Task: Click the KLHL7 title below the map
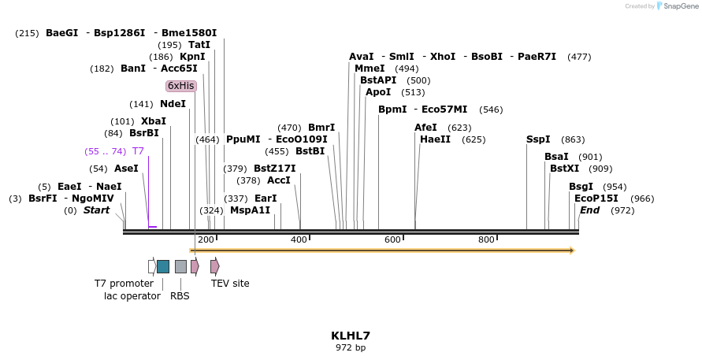[x=351, y=336]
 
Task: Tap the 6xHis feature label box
[x=180, y=86]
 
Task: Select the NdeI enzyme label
[x=173, y=104]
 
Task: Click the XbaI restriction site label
[x=154, y=121]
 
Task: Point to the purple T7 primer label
[x=138, y=151]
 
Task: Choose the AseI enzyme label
[x=126, y=169]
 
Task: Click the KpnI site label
[x=192, y=57]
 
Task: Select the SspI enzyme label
[x=538, y=139]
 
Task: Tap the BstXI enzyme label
[x=564, y=169]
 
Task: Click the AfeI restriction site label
[x=425, y=128]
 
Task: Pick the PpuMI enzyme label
[x=243, y=139]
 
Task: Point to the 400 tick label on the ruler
[x=299, y=239]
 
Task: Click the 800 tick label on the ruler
[x=486, y=239]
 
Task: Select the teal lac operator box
[x=163, y=266]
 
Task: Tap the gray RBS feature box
[x=180, y=266]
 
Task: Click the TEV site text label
[x=230, y=284]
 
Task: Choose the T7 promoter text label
[x=124, y=284]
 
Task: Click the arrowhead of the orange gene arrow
[x=571, y=251]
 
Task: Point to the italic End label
[x=589, y=210]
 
